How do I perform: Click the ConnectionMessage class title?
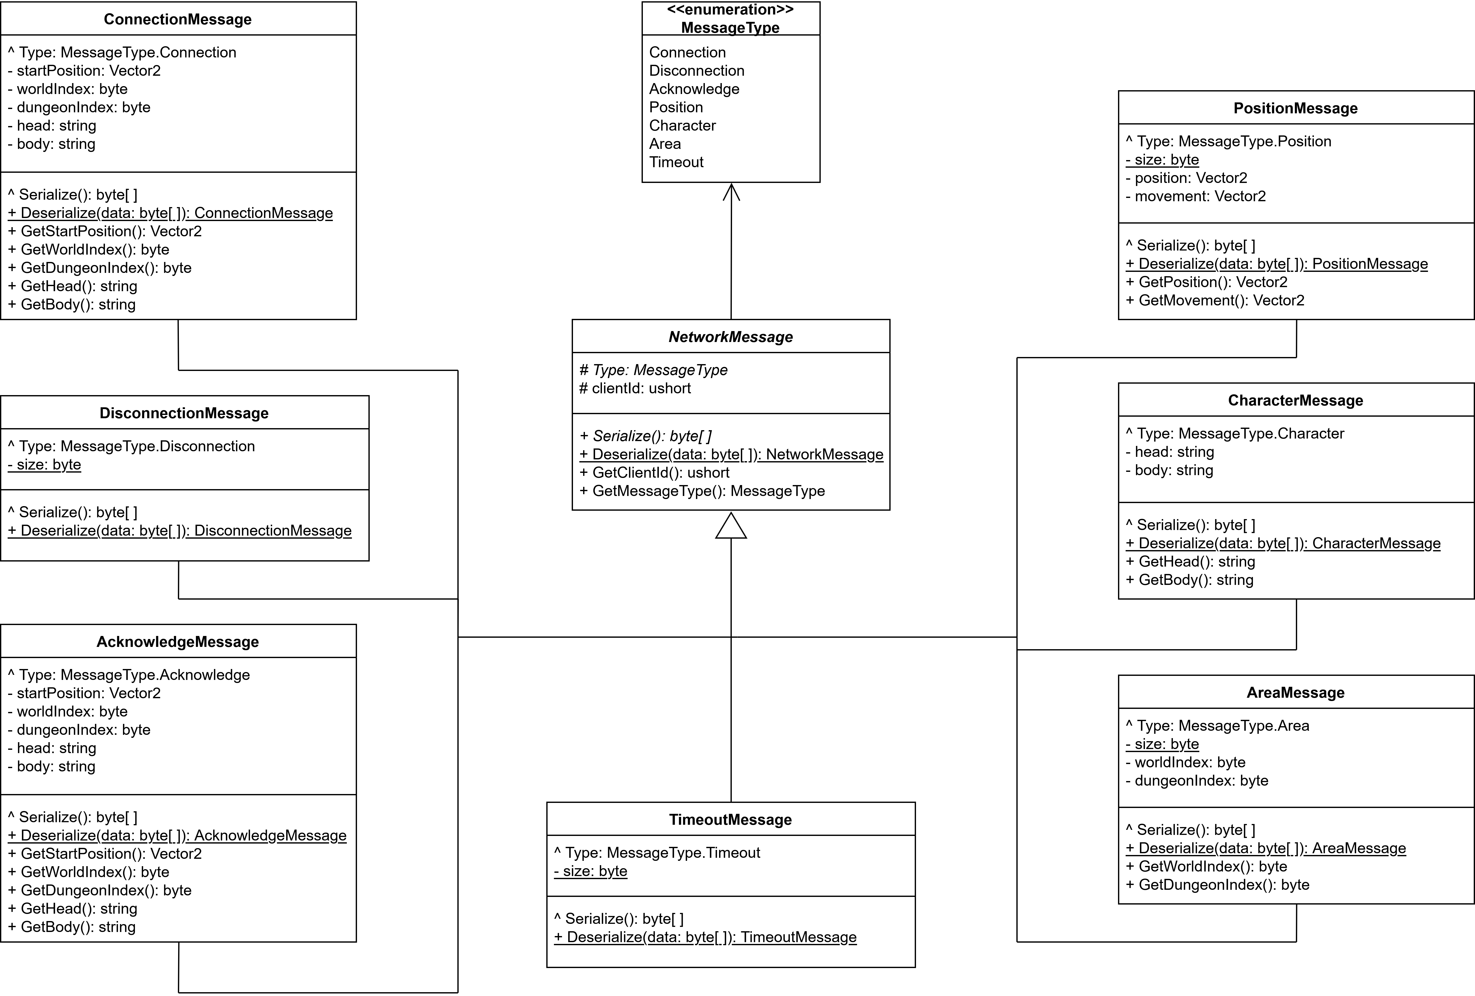click(178, 20)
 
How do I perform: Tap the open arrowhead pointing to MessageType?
click(731, 192)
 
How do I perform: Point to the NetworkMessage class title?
click(731, 337)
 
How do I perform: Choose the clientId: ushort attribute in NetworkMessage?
click(635, 388)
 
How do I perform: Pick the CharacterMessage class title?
click(1295, 400)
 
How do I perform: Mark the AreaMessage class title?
click(1295, 693)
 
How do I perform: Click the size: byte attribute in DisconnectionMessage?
click(44, 465)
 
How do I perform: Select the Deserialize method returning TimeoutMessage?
click(705, 937)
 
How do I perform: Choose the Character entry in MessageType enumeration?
click(682, 126)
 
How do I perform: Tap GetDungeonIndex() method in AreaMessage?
click(1217, 885)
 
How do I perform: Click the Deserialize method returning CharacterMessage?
click(1283, 543)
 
